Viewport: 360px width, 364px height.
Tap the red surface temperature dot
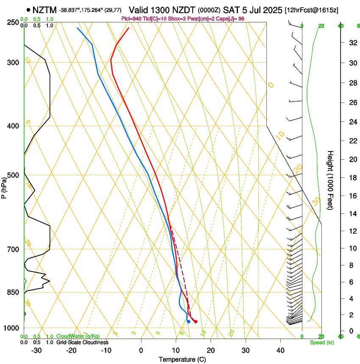195,322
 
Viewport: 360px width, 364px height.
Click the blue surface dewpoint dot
188,322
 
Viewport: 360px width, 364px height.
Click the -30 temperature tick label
36,350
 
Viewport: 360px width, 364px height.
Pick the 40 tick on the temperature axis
280,350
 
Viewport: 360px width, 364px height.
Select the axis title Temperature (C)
182,360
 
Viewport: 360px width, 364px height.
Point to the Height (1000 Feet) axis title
331,180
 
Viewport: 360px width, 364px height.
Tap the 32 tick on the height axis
352,43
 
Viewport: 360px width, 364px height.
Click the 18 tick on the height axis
352,178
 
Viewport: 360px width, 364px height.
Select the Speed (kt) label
321,342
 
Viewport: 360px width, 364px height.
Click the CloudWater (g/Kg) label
78,336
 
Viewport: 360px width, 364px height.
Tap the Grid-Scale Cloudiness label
82,342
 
